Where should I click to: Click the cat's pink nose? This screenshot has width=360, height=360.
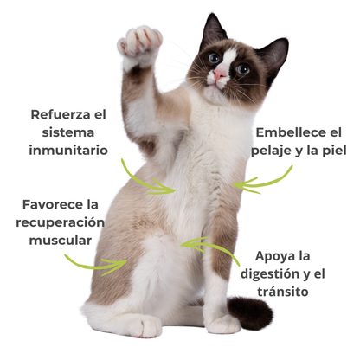(222, 76)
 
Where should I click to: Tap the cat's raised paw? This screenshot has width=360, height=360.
(140, 43)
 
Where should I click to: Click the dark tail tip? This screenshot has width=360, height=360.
(250, 312)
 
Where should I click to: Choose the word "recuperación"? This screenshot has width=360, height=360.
(59, 222)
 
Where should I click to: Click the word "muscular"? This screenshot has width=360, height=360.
(59, 240)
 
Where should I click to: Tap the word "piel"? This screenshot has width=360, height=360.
(331, 151)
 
